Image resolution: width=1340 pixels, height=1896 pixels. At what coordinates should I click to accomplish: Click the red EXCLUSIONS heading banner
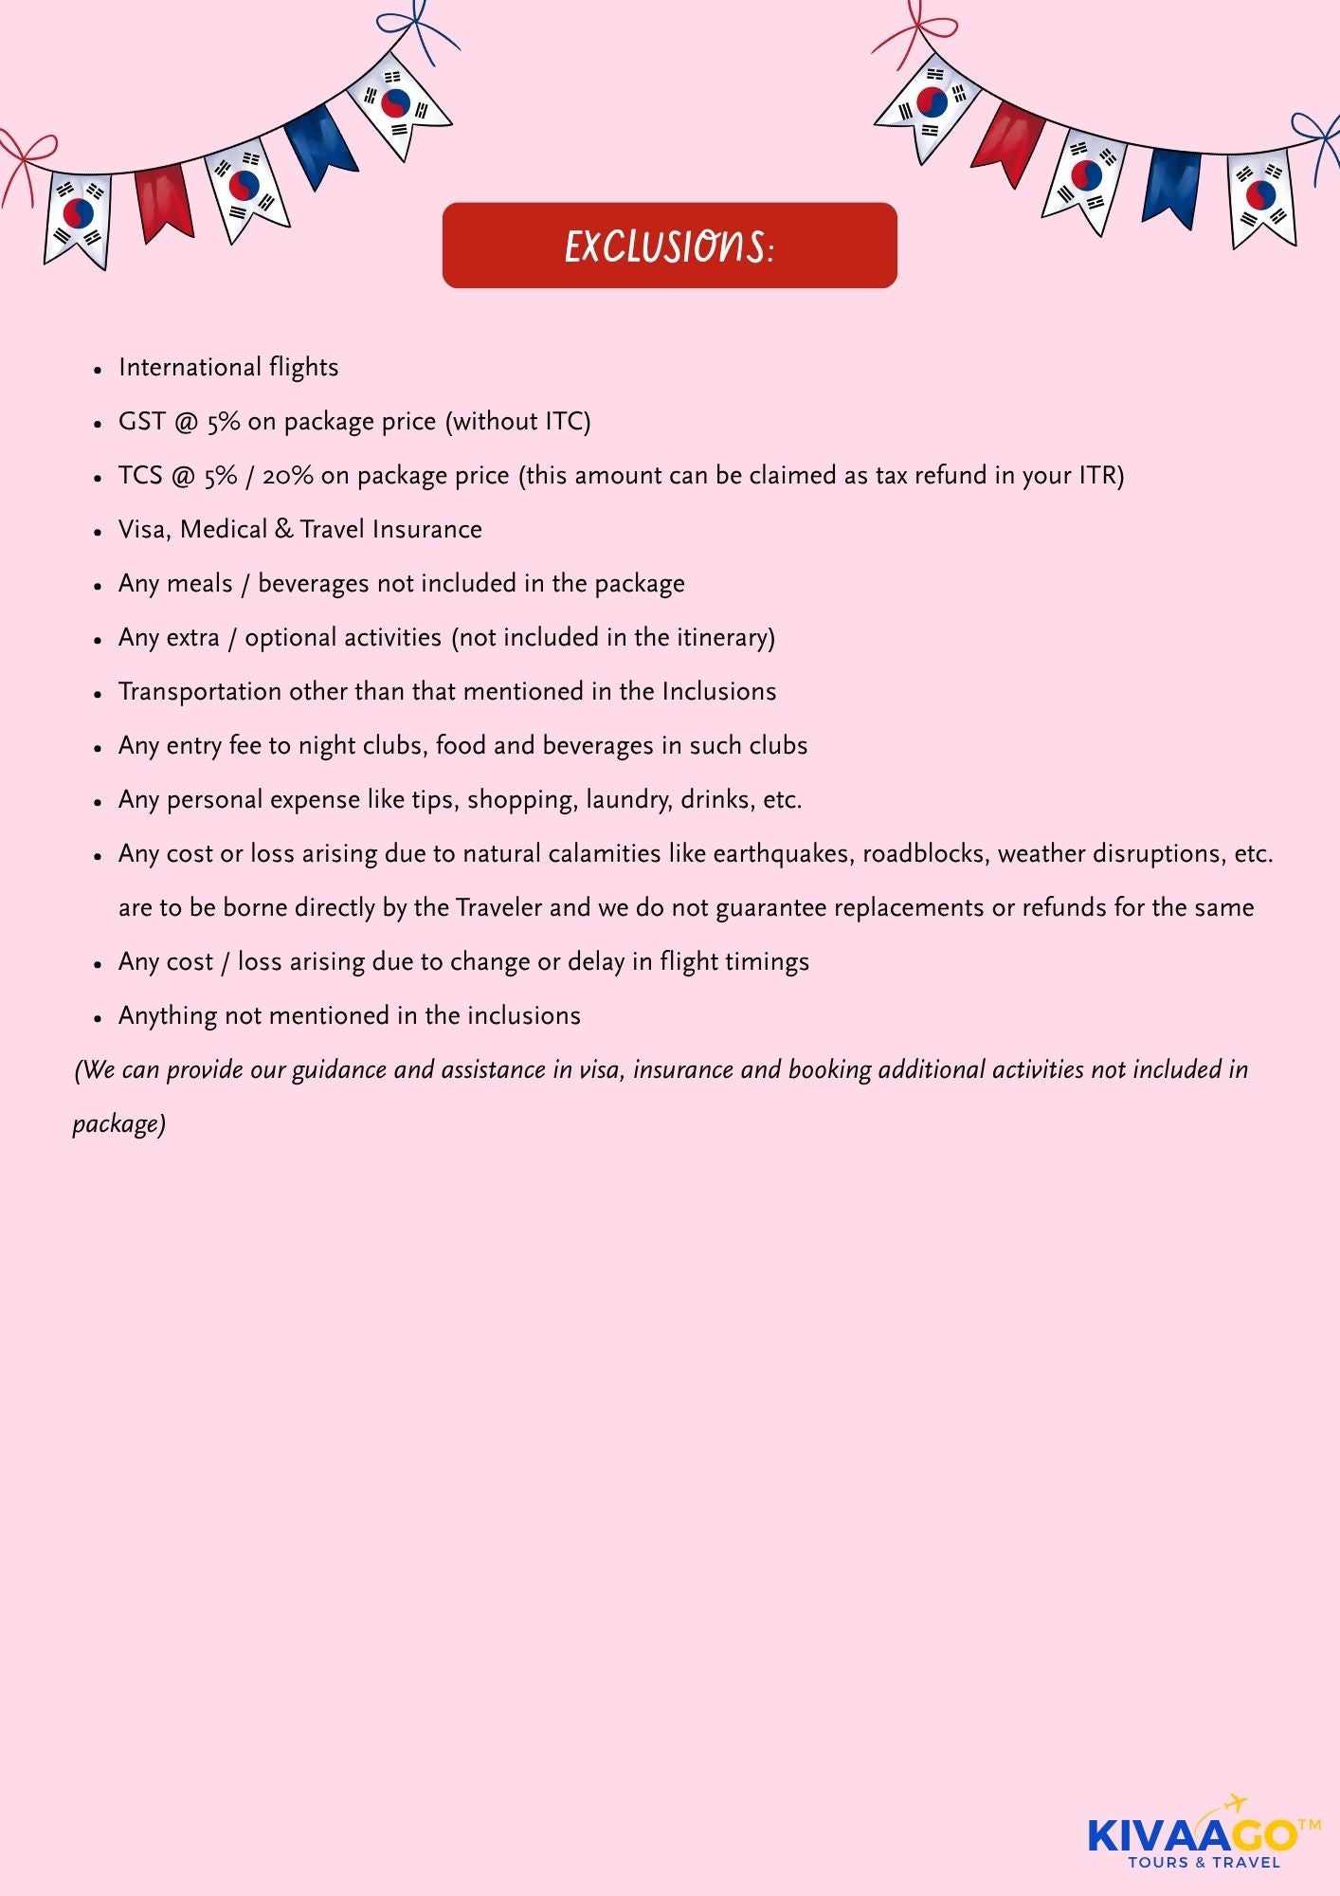tap(669, 246)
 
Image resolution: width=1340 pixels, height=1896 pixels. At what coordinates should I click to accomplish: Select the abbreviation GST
tap(142, 421)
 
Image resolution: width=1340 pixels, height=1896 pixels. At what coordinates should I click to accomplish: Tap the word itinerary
tap(725, 637)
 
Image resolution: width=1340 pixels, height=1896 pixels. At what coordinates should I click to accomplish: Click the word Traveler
tap(498, 907)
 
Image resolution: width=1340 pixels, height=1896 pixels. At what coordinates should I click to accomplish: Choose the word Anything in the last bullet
tap(168, 1016)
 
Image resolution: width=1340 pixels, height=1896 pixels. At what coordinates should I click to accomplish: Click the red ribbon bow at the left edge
tap(27, 156)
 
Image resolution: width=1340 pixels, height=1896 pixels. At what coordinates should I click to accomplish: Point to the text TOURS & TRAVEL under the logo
tap(1204, 1862)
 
